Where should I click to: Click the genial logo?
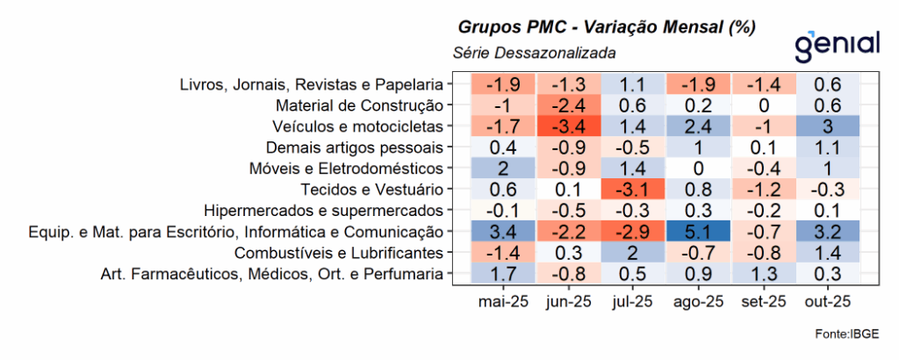coord(835,44)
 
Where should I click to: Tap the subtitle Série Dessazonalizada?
coord(534,53)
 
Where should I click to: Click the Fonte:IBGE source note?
coord(846,334)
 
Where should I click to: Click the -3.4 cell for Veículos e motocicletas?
coord(569,126)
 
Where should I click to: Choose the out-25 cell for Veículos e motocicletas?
coord(828,126)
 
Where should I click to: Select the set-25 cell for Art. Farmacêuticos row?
coord(762,275)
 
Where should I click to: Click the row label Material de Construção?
coord(370,105)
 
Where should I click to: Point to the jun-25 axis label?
coord(569,302)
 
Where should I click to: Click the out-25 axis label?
coord(828,302)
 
